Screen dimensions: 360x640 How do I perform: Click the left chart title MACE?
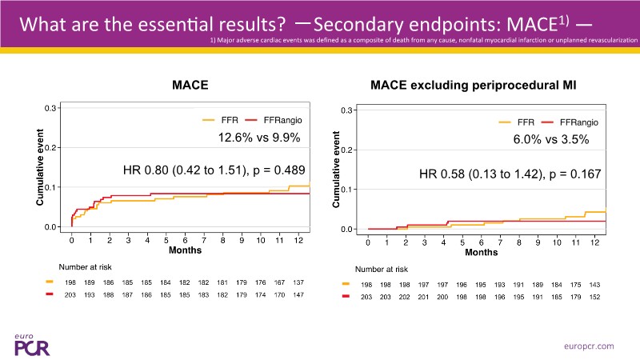[191, 84]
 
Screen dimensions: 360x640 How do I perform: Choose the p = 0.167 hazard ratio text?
[510, 174]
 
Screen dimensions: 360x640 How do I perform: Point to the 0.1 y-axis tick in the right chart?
[347, 190]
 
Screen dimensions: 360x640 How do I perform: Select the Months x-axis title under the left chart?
[185, 250]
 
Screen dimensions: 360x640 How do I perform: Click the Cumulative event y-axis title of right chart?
[337, 170]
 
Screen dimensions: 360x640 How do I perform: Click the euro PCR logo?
[31, 342]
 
